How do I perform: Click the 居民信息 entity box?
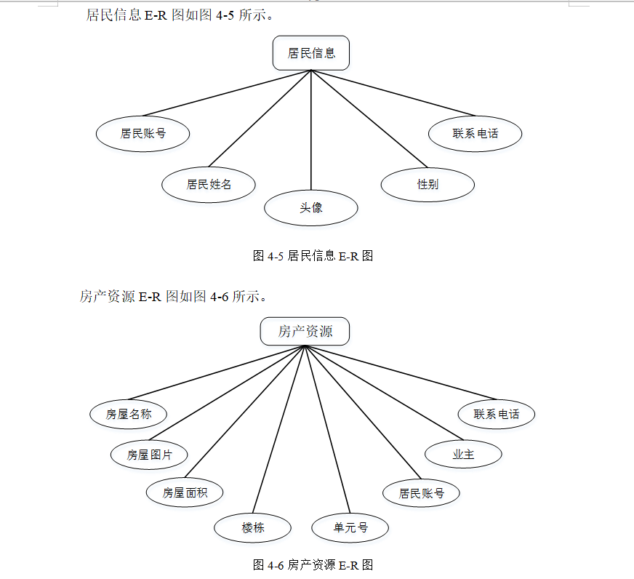[311, 53]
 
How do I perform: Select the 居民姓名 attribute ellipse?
[209, 184]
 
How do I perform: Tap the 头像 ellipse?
[311, 208]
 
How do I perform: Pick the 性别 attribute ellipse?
[428, 184]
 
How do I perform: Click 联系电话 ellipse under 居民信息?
[475, 133]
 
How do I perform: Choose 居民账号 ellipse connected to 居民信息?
[143, 134]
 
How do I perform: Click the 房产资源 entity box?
[305, 332]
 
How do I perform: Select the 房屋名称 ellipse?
[129, 414]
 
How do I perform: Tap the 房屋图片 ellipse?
[149, 455]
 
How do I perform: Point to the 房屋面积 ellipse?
[185, 492]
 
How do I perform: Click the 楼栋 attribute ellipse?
[253, 527]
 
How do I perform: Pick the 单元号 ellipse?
[350, 527]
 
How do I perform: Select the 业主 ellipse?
[463, 454]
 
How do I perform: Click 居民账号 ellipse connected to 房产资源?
[421, 492]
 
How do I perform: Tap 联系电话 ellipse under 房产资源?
[497, 414]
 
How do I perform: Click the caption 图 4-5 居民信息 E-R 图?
[313, 255]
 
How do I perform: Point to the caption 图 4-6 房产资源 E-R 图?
[313, 564]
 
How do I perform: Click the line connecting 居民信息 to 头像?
[311, 131]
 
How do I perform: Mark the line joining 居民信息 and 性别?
[369, 119]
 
